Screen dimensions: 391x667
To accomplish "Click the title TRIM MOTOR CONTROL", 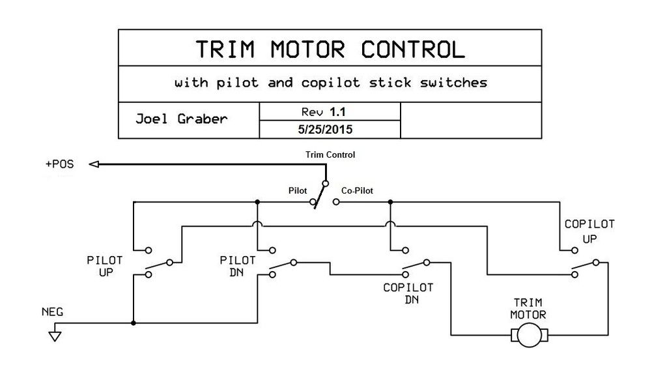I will [x=330, y=49].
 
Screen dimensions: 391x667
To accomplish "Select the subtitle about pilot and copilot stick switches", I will [x=330, y=83].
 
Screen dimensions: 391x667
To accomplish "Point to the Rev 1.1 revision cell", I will [x=329, y=111].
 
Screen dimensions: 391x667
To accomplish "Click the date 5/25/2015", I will [x=329, y=129].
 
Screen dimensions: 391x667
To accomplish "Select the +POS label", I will [x=59, y=165].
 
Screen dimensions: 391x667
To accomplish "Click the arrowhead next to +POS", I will [x=94, y=165].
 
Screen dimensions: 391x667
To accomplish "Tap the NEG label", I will [x=53, y=311].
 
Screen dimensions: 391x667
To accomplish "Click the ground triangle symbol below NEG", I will [x=55, y=337].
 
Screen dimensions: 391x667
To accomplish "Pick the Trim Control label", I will [x=330, y=154].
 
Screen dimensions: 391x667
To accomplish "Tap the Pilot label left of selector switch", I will [x=298, y=192].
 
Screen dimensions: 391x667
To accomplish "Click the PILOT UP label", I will [x=104, y=266].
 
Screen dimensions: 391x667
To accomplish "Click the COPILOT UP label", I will [x=589, y=231].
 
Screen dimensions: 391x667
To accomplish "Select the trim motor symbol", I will [x=528, y=336].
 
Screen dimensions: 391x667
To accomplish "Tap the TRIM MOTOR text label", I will [x=529, y=308].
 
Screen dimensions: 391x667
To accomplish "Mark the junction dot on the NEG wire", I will [x=134, y=323].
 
